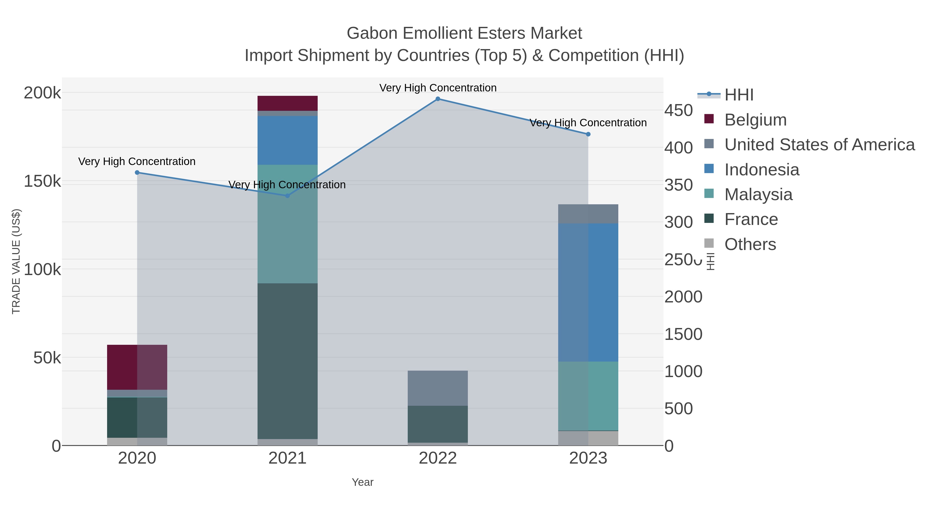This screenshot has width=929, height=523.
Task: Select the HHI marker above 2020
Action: [137, 173]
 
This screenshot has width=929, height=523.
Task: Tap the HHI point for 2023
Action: [588, 134]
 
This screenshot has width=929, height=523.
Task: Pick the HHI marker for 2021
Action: [287, 196]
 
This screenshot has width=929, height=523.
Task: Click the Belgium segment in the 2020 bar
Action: [137, 367]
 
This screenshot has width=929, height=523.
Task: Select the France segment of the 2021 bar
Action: [287, 361]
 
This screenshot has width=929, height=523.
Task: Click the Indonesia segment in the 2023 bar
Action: [588, 292]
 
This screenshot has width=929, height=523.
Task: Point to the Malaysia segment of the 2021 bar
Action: [287, 224]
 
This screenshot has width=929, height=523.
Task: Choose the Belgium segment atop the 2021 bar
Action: [287, 103]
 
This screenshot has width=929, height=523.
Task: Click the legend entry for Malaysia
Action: [758, 194]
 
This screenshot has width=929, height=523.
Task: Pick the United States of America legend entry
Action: [819, 145]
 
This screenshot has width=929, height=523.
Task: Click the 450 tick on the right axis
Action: [678, 111]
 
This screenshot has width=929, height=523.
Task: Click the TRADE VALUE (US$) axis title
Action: [16, 261]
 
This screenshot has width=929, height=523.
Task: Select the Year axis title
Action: [363, 482]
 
